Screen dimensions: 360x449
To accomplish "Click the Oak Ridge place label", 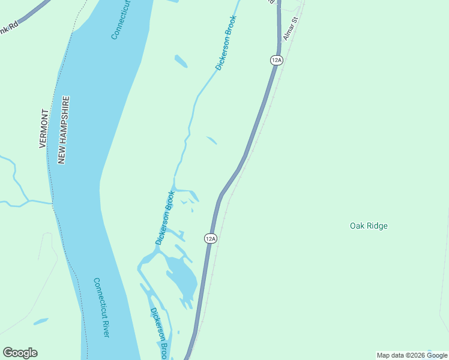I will (x=369, y=226).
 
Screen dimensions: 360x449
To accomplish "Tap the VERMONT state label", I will (x=43, y=128).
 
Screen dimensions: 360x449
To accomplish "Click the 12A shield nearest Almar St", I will (x=276, y=59).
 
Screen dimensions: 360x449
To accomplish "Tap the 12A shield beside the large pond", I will (x=210, y=238).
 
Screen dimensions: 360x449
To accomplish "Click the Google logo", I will (x=20, y=353).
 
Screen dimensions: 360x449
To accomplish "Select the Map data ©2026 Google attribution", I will (x=412, y=355).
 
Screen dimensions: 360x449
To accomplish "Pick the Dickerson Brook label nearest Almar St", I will (x=226, y=43).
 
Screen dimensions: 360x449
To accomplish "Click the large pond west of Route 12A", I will (x=182, y=277).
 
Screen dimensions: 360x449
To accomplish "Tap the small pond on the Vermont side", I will (x=41, y=322).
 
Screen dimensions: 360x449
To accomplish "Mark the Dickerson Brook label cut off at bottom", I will (x=158, y=334).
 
